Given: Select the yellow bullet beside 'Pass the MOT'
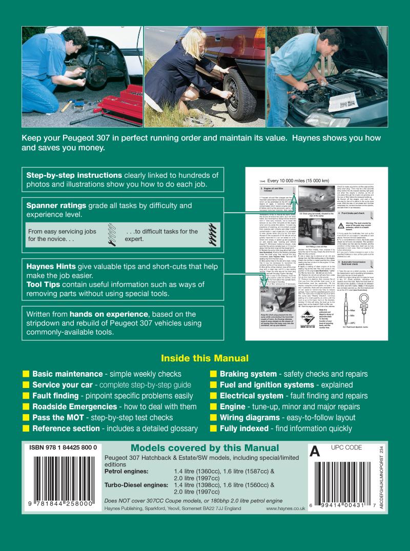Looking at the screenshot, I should coord(26,418).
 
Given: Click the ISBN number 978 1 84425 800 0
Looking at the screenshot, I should coord(60,447).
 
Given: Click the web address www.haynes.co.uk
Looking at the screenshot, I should coord(285,508).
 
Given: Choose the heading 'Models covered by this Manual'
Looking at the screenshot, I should coord(205,448).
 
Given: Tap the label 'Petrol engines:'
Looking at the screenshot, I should coord(127,471).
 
